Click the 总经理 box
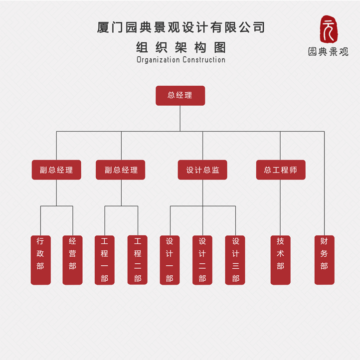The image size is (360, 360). (x=180, y=95)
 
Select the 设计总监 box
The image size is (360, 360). (x=202, y=170)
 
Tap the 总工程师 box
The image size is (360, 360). (x=280, y=170)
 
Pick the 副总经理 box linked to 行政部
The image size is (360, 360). (x=56, y=170)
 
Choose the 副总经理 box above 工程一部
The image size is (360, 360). (x=120, y=170)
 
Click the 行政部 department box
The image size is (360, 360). (x=40, y=260)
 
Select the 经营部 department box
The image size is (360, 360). (x=72, y=260)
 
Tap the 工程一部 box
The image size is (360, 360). (x=104, y=260)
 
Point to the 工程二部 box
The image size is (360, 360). (x=137, y=260)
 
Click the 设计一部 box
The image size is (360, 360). (x=170, y=260)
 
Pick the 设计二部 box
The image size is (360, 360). (x=202, y=260)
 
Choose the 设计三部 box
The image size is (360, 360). (x=235, y=260)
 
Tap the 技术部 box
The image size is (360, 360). (x=280, y=260)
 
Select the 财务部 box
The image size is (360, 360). (x=324, y=260)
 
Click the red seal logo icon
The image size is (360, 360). (x=329, y=30)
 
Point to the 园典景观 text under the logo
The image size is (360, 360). (x=328, y=52)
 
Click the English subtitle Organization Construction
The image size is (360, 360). (x=180, y=60)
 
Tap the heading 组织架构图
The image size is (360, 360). (x=180, y=47)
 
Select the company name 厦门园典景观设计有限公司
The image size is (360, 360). (x=180, y=27)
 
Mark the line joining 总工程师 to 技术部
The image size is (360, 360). (x=280, y=207)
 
